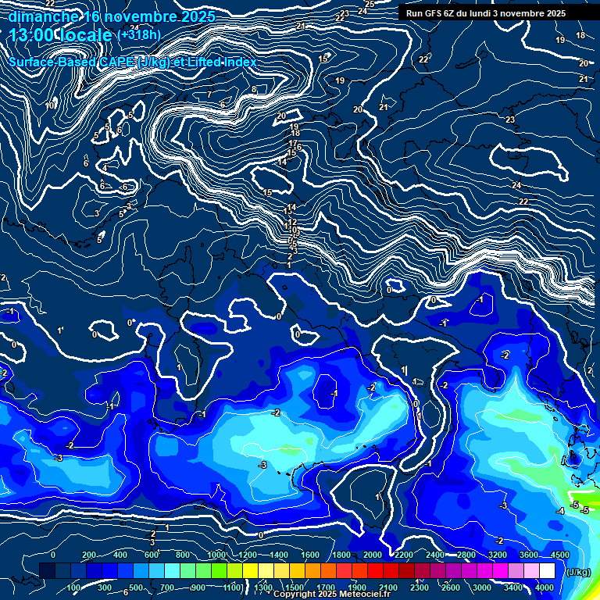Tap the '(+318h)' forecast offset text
coord(138,34)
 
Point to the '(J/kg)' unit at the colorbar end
coord(577,573)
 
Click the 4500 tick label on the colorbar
coord(559,555)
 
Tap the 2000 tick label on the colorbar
coord(373,555)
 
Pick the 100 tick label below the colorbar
coord(75,587)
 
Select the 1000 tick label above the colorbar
coord(216,555)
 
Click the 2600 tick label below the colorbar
coord(451,587)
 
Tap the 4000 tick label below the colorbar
coord(545,587)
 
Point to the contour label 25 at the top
coord(370,5)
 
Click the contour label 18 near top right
coord(580,36)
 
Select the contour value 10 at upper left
coord(49,105)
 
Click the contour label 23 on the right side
coord(510,120)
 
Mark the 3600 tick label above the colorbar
coord(529,555)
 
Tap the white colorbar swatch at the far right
coord(568,571)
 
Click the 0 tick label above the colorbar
coord(53,555)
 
